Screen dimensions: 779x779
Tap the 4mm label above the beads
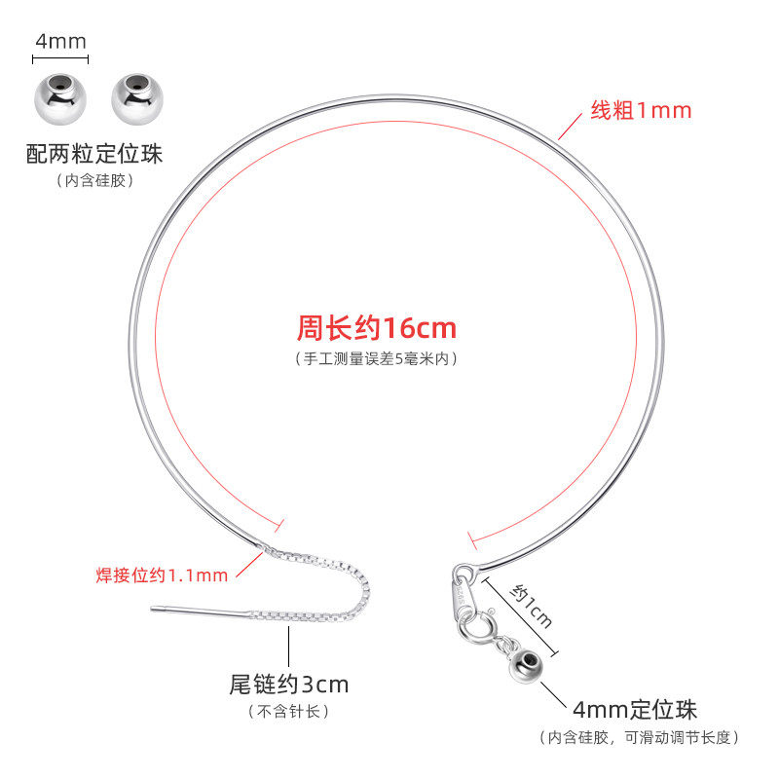point(60,41)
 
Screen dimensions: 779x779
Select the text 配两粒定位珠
point(94,154)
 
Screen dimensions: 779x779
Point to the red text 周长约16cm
point(376,327)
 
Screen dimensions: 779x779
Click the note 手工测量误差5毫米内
point(376,358)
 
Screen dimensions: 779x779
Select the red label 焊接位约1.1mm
point(162,575)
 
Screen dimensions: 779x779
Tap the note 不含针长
point(288,712)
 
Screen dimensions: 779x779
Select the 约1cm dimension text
point(532,606)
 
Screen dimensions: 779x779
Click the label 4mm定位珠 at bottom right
point(636,709)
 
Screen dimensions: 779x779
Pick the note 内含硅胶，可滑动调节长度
point(640,737)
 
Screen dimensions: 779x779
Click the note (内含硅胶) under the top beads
point(94,180)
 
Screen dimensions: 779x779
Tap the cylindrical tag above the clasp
point(462,595)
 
